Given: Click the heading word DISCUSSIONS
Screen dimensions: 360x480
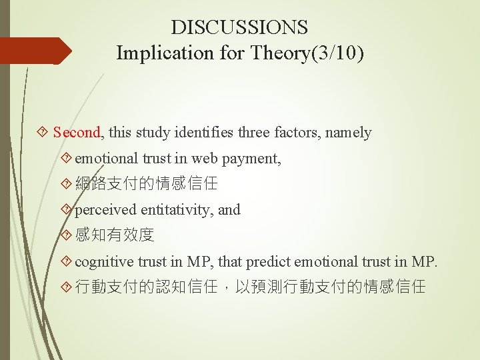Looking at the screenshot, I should (x=239, y=27).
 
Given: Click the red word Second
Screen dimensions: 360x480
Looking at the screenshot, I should (x=77, y=133).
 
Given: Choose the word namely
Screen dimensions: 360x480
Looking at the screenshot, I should (x=348, y=133).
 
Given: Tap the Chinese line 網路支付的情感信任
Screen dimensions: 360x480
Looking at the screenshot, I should (x=147, y=184).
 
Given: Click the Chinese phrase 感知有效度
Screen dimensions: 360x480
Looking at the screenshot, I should (x=115, y=235).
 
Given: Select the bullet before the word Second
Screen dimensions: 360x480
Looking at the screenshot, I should (x=44, y=133).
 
